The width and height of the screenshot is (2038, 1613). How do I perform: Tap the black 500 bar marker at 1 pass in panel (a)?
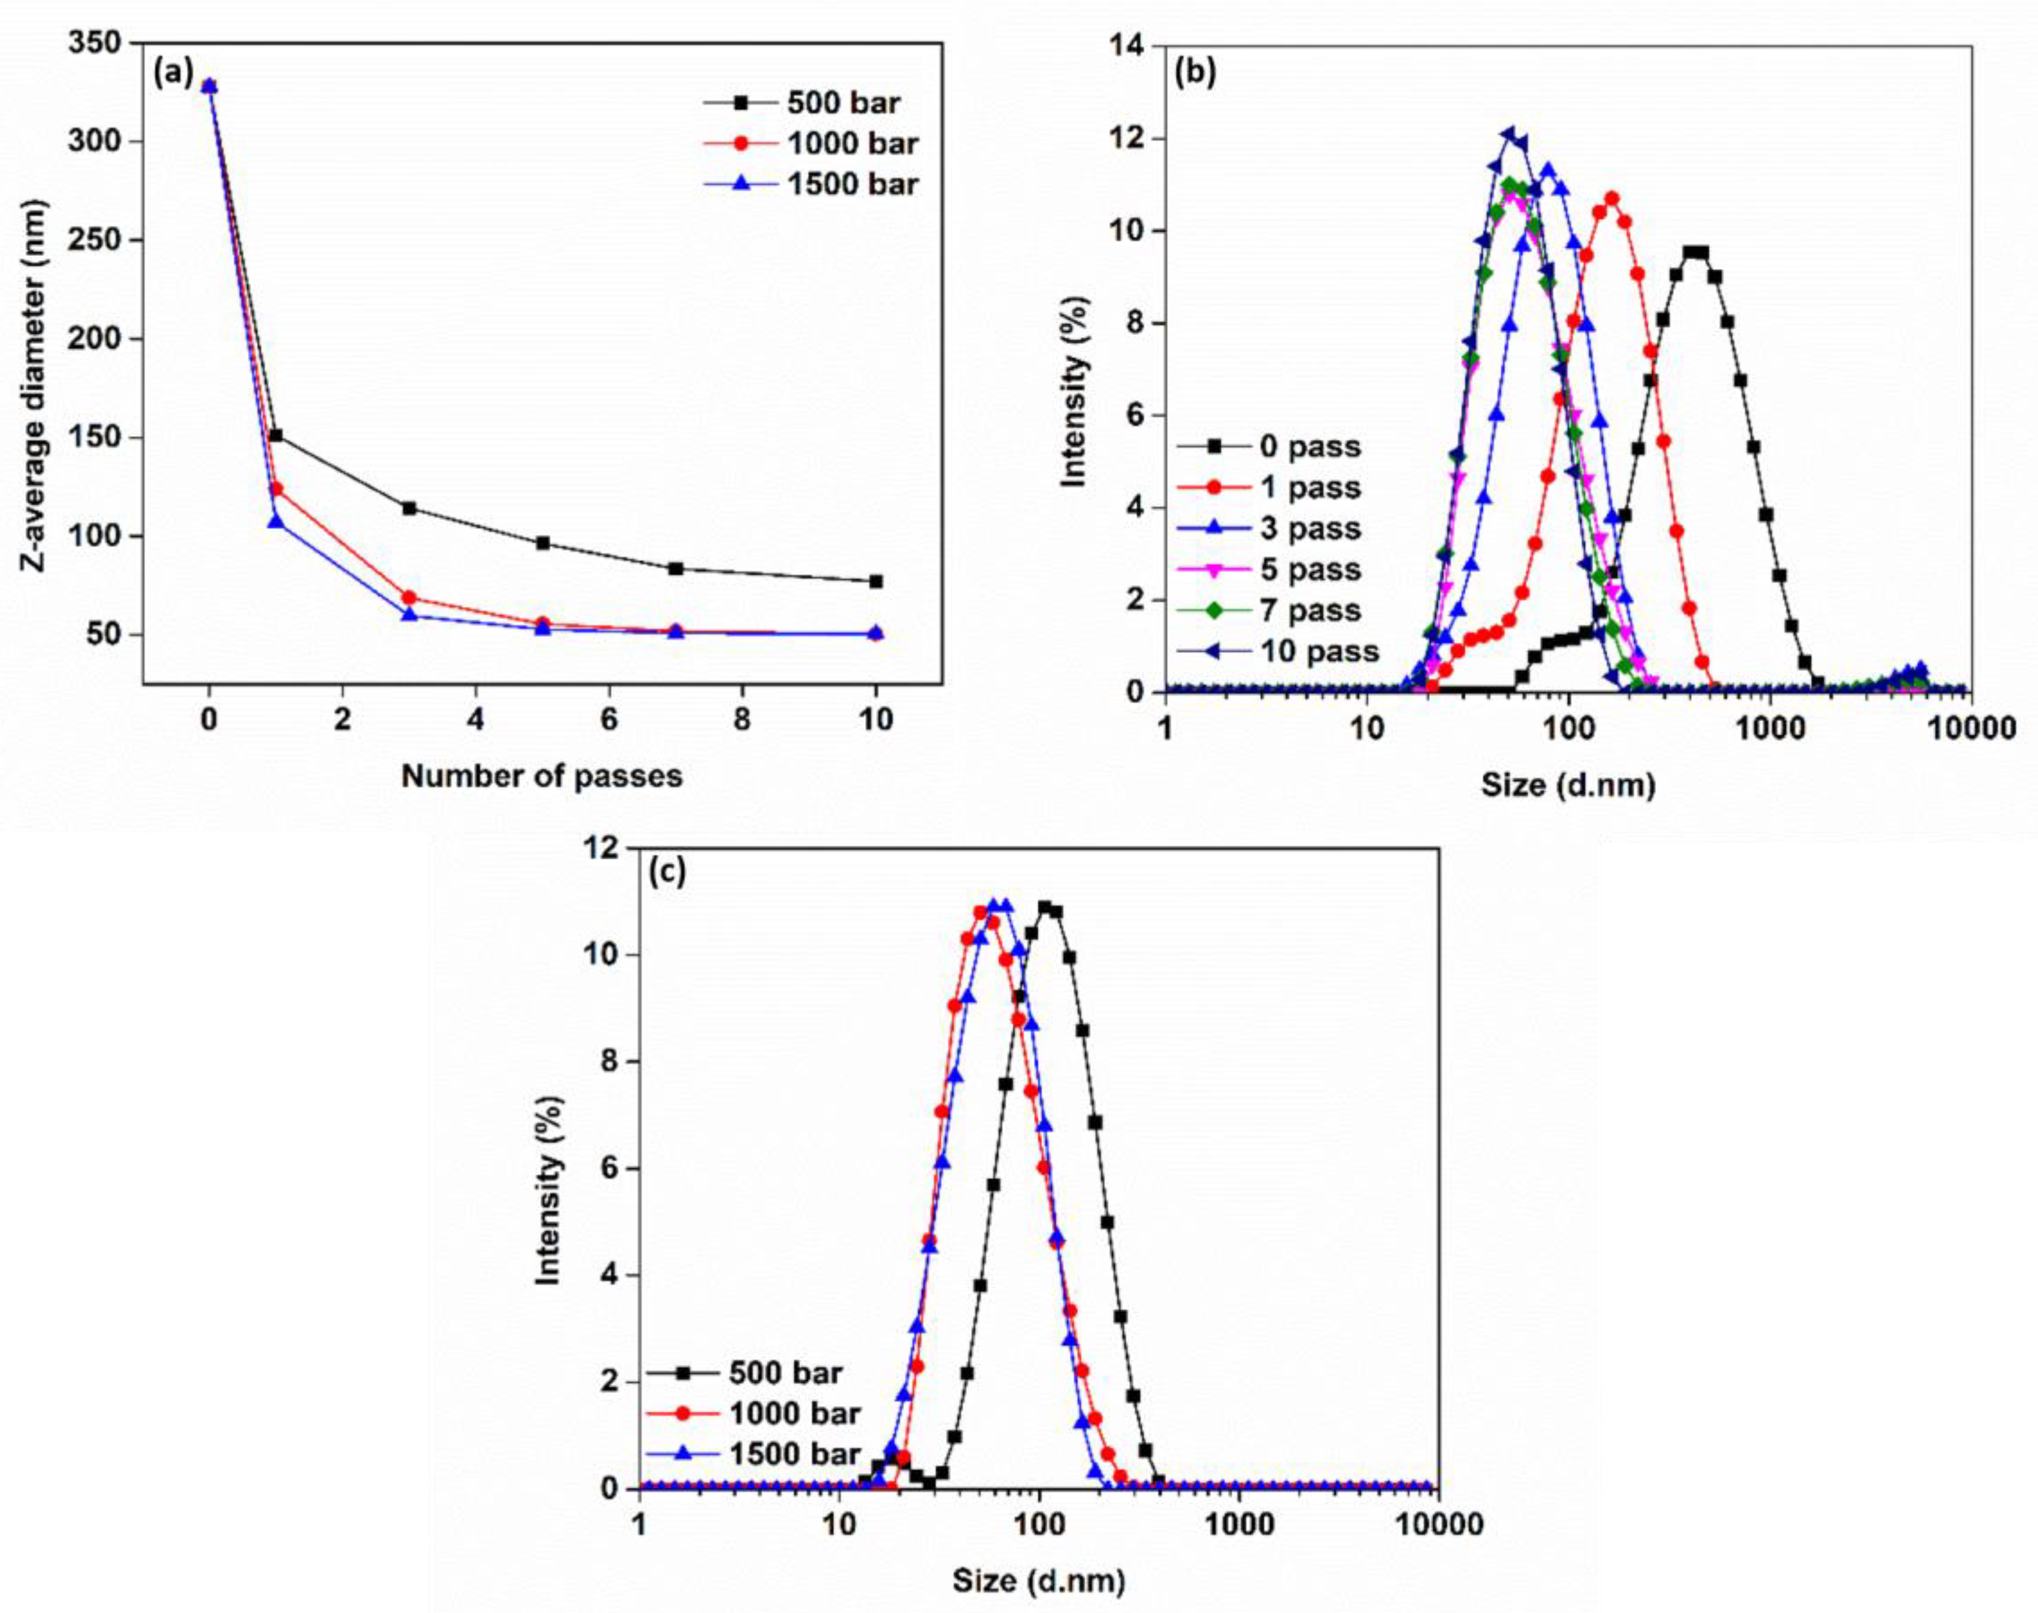[276, 435]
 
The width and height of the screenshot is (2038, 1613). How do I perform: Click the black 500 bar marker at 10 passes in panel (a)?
[875, 581]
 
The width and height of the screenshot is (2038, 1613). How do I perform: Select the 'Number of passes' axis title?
[541, 776]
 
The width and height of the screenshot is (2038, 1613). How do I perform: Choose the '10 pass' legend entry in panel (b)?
[1319, 651]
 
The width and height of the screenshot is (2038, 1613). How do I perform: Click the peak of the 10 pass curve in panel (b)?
[1509, 134]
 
